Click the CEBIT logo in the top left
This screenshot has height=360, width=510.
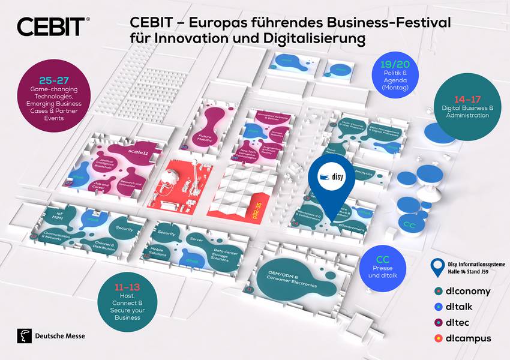point(53,27)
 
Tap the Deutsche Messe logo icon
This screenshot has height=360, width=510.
point(25,337)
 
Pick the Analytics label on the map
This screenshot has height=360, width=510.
point(364,173)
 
